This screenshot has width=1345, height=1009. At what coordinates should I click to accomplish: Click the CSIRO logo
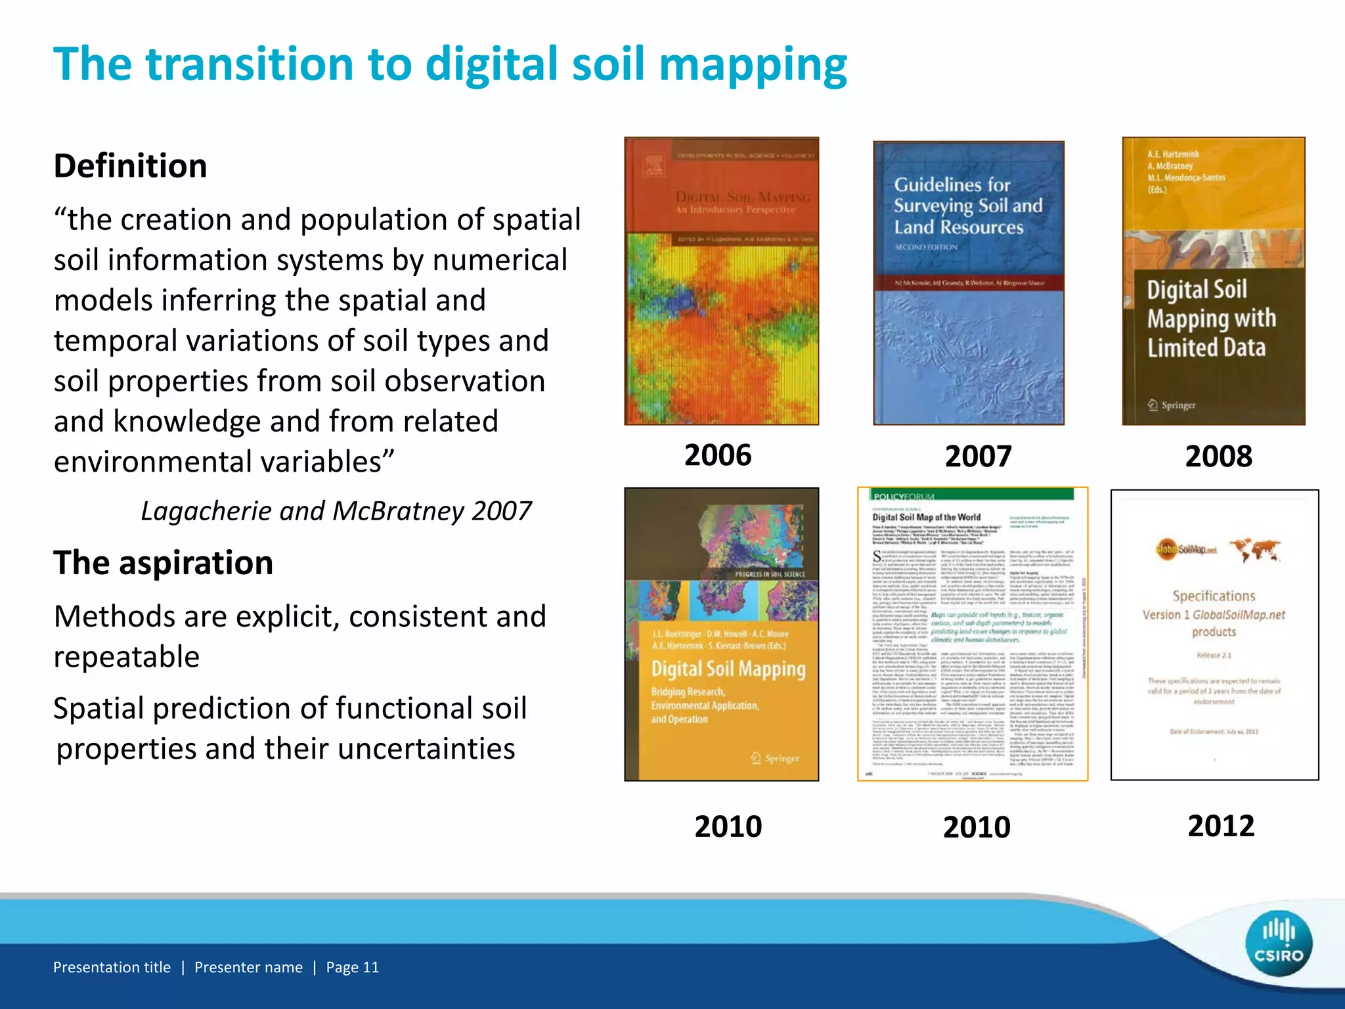(x=1278, y=944)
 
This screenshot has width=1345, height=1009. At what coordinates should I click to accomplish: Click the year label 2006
(x=718, y=455)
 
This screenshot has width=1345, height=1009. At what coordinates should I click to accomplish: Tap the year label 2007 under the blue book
(x=978, y=457)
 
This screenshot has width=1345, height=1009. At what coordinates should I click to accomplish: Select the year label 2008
(x=1218, y=457)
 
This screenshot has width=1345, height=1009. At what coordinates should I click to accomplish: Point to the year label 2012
(x=1221, y=826)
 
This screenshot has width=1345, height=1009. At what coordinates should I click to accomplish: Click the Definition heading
(x=131, y=166)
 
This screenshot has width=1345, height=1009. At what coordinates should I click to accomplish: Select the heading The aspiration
(x=164, y=563)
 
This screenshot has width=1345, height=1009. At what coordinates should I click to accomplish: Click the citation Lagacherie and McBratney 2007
(x=336, y=511)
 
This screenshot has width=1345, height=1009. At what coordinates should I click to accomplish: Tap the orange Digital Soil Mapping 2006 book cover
(x=721, y=281)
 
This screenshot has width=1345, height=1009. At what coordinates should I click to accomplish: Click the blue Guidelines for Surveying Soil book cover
(x=968, y=283)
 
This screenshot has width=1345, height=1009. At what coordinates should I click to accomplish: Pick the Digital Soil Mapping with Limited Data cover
(x=1214, y=281)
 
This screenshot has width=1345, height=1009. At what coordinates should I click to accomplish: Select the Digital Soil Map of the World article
(x=973, y=634)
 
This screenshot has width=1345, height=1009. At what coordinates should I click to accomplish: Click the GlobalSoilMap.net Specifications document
(x=1214, y=635)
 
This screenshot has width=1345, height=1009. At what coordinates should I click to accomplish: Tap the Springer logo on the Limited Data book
(x=1172, y=405)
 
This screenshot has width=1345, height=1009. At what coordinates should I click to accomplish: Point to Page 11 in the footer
(x=353, y=968)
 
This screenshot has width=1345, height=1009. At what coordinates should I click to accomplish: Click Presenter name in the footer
(x=248, y=968)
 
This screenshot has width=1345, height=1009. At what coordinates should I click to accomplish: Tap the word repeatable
(x=127, y=657)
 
